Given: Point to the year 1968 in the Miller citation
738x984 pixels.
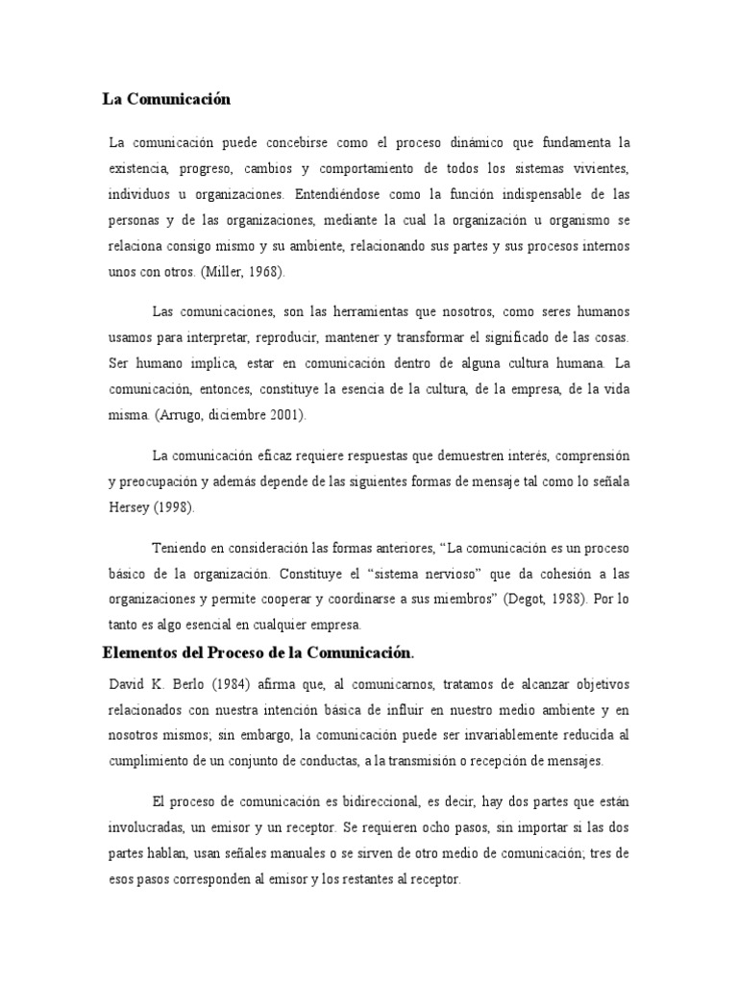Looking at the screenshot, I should pos(263,273).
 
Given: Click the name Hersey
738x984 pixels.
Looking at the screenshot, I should pos(131,507).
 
